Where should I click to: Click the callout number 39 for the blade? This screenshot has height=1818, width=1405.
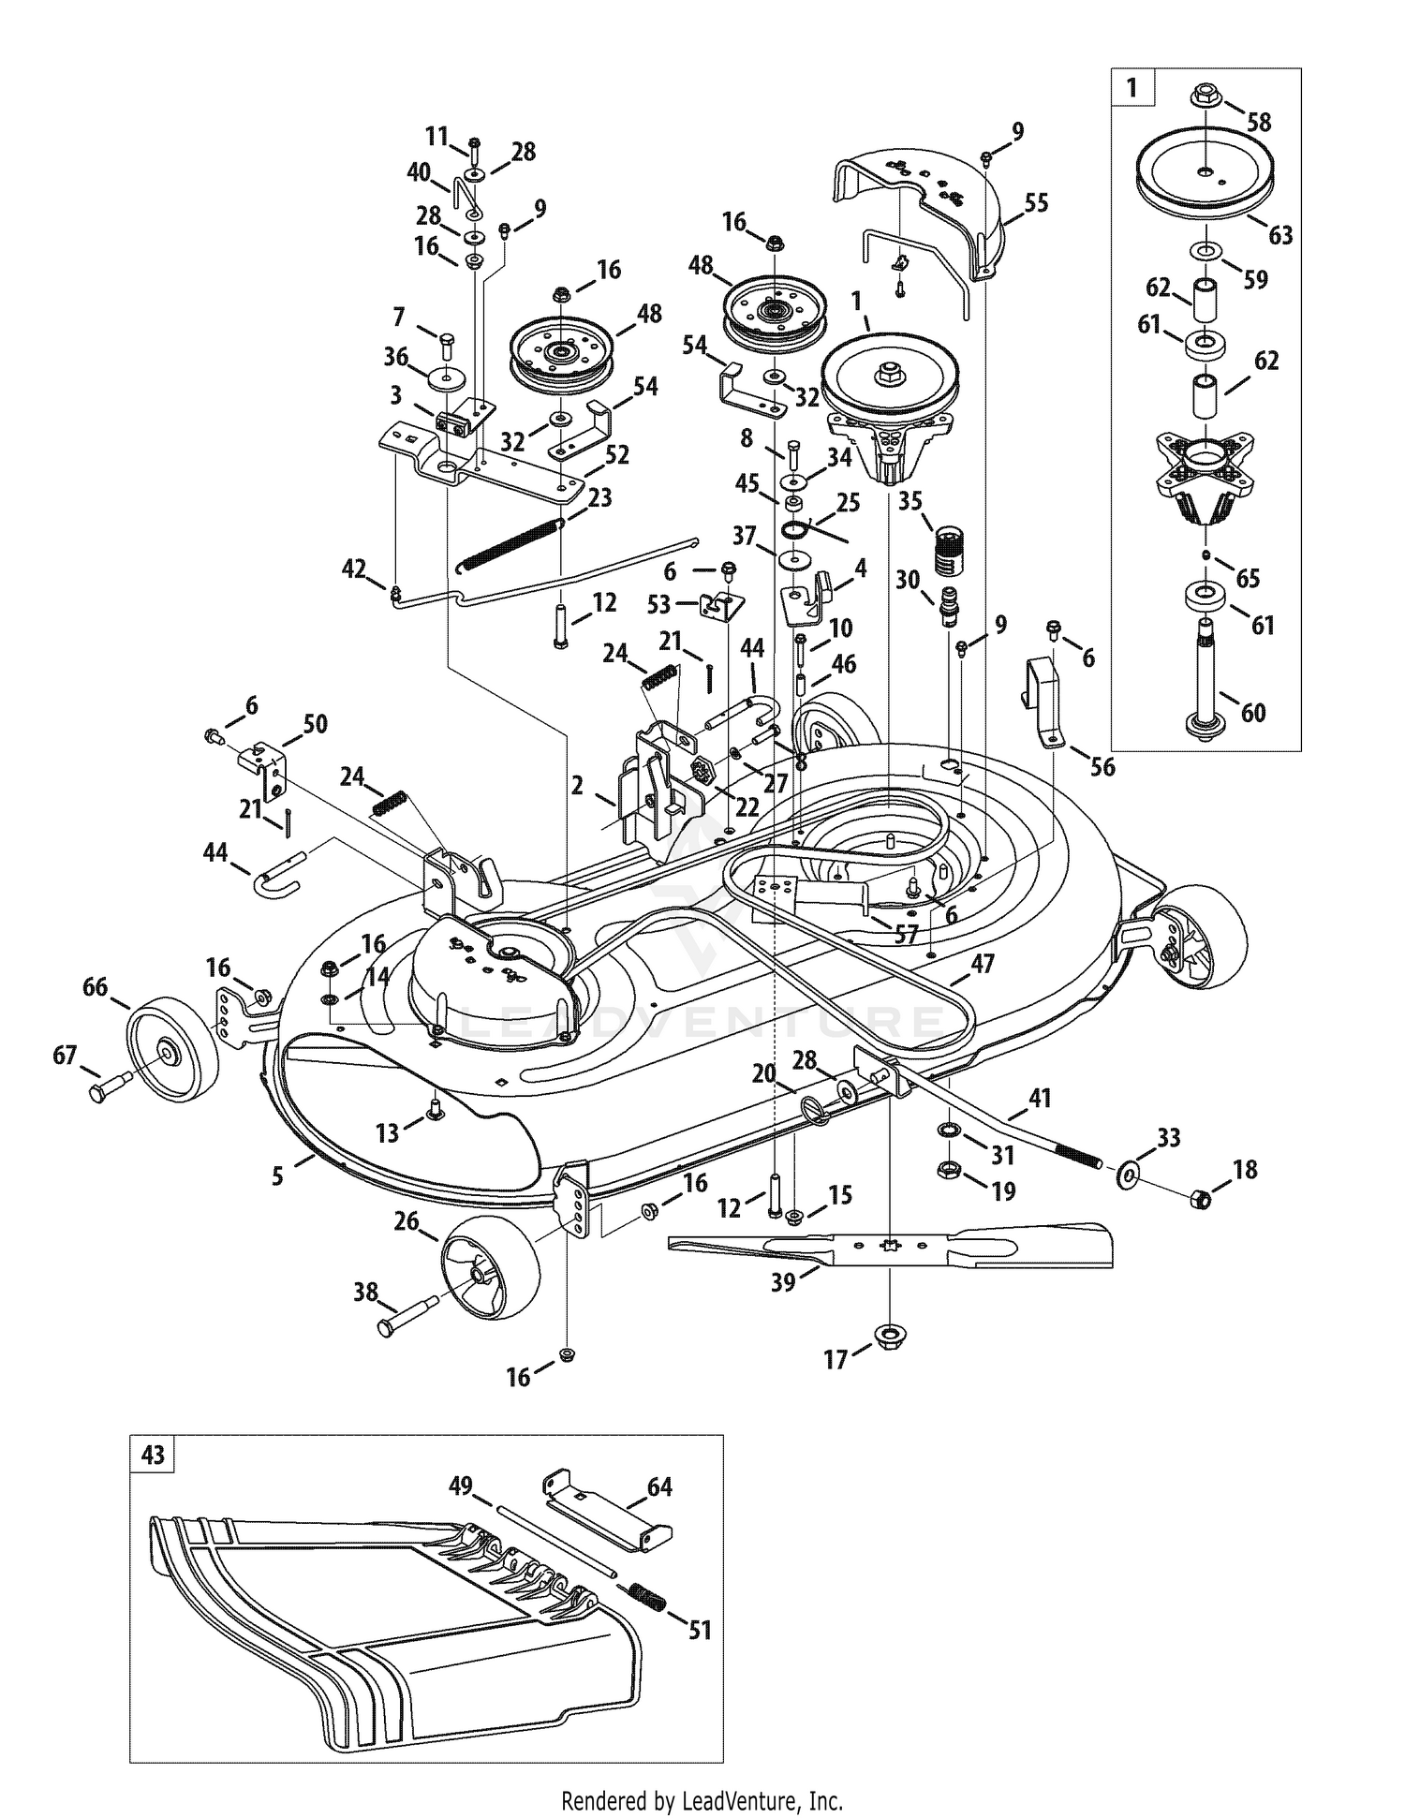pos(783,1281)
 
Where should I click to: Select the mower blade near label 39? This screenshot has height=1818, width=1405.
pos(891,1246)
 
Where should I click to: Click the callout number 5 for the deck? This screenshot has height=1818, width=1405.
pos(278,1175)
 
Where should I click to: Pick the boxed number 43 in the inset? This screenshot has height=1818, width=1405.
pos(152,1455)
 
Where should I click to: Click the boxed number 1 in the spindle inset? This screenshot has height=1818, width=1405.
pos(1132,88)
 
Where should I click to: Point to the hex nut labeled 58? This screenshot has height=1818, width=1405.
pos(1205,96)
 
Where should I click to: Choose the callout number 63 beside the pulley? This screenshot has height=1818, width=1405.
pos(1279,234)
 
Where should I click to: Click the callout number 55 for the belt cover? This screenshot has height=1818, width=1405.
pos(1036,202)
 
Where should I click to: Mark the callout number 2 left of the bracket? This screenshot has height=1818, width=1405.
pos(577,785)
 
